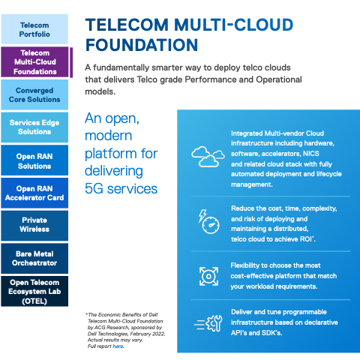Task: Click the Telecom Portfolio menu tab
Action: [x=34, y=29]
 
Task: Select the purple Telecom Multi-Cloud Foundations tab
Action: [x=34, y=62]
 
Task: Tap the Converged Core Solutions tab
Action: [x=34, y=94]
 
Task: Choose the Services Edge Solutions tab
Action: [x=34, y=127]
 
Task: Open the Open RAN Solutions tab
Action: [x=34, y=160]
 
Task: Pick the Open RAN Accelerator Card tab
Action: [x=34, y=193]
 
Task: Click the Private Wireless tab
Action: [x=34, y=226]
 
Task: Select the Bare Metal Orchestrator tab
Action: [x=34, y=259]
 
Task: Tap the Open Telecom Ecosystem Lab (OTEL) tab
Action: [x=34, y=291]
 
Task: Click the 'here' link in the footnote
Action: [x=118, y=346]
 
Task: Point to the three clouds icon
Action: [x=208, y=157]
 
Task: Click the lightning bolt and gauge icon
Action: [x=209, y=221]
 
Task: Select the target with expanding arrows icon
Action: [x=208, y=276]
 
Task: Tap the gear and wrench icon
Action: [x=208, y=323]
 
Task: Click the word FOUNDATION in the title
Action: [x=142, y=45]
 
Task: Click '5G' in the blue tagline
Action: [x=94, y=188]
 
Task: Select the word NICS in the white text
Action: [x=311, y=154]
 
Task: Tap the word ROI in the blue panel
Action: [x=306, y=239]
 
